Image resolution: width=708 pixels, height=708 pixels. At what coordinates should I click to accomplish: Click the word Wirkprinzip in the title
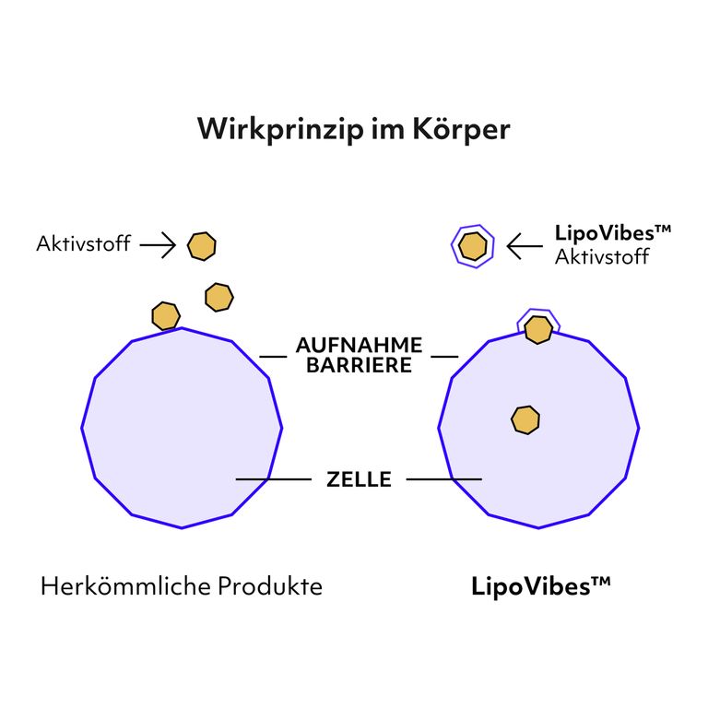(279, 129)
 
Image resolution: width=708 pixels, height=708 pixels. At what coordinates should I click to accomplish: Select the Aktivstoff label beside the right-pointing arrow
(84, 245)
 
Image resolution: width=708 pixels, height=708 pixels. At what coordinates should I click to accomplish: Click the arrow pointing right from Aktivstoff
(157, 245)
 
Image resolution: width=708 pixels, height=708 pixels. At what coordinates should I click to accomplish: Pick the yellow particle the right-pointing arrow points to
(201, 245)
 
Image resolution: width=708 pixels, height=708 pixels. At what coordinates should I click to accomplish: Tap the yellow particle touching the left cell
(166, 315)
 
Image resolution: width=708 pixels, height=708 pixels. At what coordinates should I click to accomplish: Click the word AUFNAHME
(359, 346)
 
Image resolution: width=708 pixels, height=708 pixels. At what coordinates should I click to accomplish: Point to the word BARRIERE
(359, 365)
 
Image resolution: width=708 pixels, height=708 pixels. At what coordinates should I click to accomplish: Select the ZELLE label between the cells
(359, 479)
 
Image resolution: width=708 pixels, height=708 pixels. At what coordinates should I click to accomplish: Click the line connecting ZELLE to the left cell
(274, 479)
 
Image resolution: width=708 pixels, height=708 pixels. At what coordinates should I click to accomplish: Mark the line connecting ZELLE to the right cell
(443, 479)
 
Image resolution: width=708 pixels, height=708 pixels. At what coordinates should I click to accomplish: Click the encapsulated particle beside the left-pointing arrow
(473, 245)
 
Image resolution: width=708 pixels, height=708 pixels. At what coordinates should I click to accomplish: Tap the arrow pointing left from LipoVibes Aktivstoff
(525, 245)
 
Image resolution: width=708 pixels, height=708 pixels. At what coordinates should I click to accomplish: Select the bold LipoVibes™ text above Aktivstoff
(613, 233)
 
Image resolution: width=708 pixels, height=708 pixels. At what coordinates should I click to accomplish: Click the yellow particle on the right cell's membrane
(538, 329)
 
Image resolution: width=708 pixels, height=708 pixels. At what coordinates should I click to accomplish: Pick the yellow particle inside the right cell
(525, 419)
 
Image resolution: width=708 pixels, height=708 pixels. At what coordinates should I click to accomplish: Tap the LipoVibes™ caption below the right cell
(541, 586)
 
